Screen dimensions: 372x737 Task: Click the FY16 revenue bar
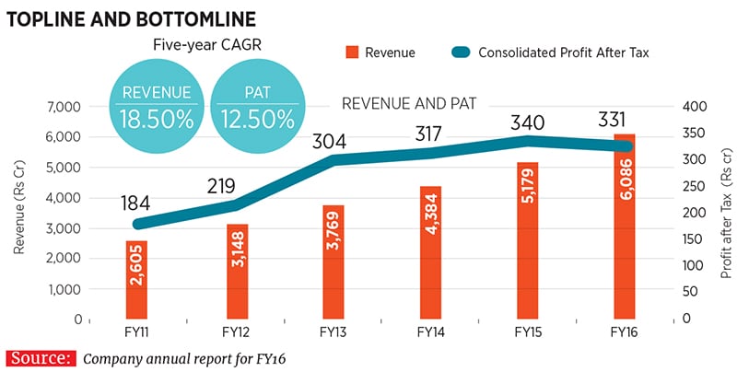point(624,230)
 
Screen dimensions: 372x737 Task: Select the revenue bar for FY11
point(136,281)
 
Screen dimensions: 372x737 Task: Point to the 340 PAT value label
point(527,123)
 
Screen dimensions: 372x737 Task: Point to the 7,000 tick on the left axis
point(63,107)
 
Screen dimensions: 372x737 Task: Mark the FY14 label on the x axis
point(429,332)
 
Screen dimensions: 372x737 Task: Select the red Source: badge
point(40,358)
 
